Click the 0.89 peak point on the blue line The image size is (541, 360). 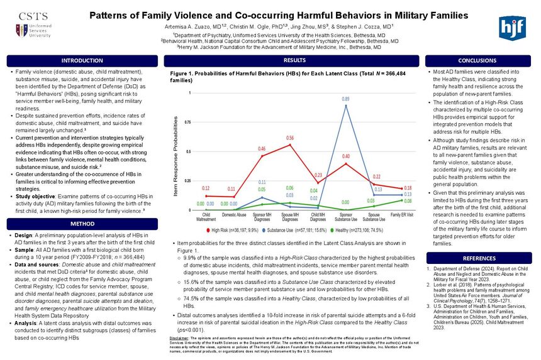pos(346,106)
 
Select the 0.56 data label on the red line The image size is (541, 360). pos(290,137)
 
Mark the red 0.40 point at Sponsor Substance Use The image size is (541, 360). pos(346,164)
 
